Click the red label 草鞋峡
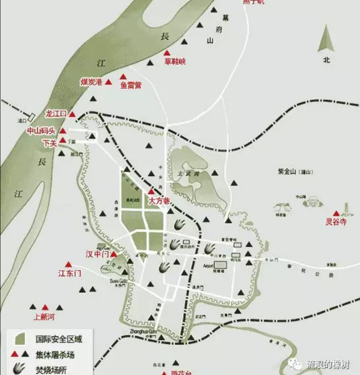click(174, 62)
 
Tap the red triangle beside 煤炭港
click(109, 82)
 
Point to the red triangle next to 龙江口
click(72, 114)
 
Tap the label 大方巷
click(159, 201)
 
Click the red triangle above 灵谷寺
click(336, 213)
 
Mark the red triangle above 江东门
click(68, 264)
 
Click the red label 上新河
click(45, 317)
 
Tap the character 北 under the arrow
click(326, 60)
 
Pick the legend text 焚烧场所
click(51, 370)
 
